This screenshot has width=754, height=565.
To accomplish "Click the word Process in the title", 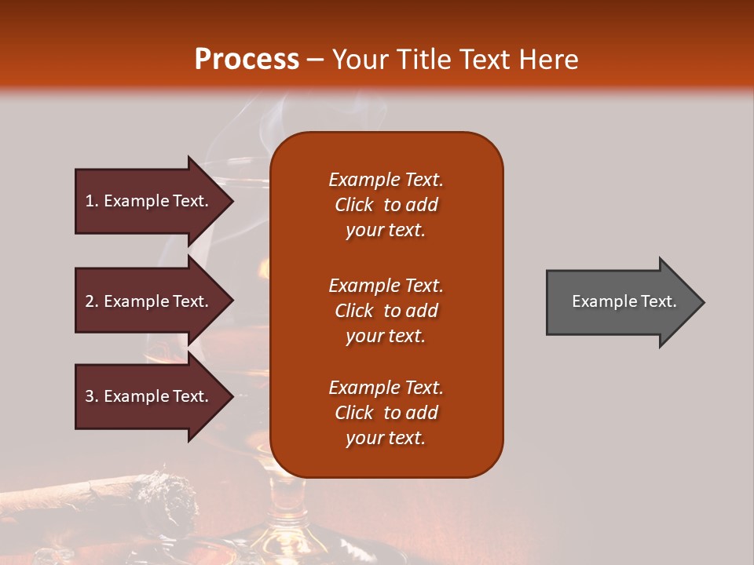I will click(247, 60).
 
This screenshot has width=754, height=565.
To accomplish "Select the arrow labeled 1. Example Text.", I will click(149, 201).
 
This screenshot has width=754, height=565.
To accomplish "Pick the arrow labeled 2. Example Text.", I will click(149, 301).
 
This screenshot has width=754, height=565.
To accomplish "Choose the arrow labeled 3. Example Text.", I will click(149, 396).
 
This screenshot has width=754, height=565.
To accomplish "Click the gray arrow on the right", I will click(620, 302).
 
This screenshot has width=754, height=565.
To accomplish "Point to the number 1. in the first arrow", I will click(92, 201).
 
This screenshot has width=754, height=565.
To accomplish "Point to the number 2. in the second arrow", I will click(92, 301).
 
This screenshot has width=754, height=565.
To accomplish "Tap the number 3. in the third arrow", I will click(92, 396).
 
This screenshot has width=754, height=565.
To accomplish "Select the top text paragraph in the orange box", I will click(386, 205).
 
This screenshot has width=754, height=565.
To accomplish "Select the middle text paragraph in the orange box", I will click(386, 311).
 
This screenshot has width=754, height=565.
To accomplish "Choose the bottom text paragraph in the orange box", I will click(386, 413).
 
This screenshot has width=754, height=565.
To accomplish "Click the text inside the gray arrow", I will click(624, 301).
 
